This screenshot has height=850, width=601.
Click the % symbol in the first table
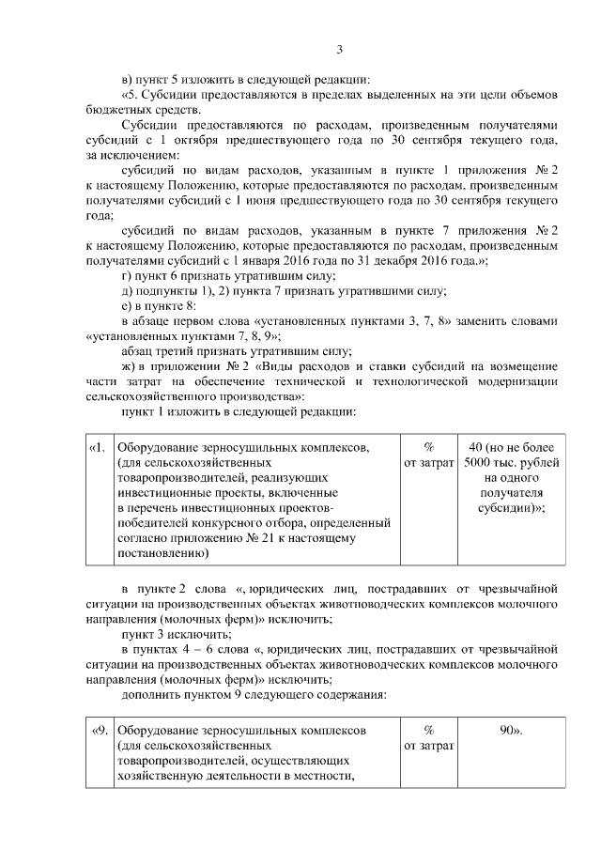coord(428,446)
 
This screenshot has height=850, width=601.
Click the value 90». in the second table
coord(511,730)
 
